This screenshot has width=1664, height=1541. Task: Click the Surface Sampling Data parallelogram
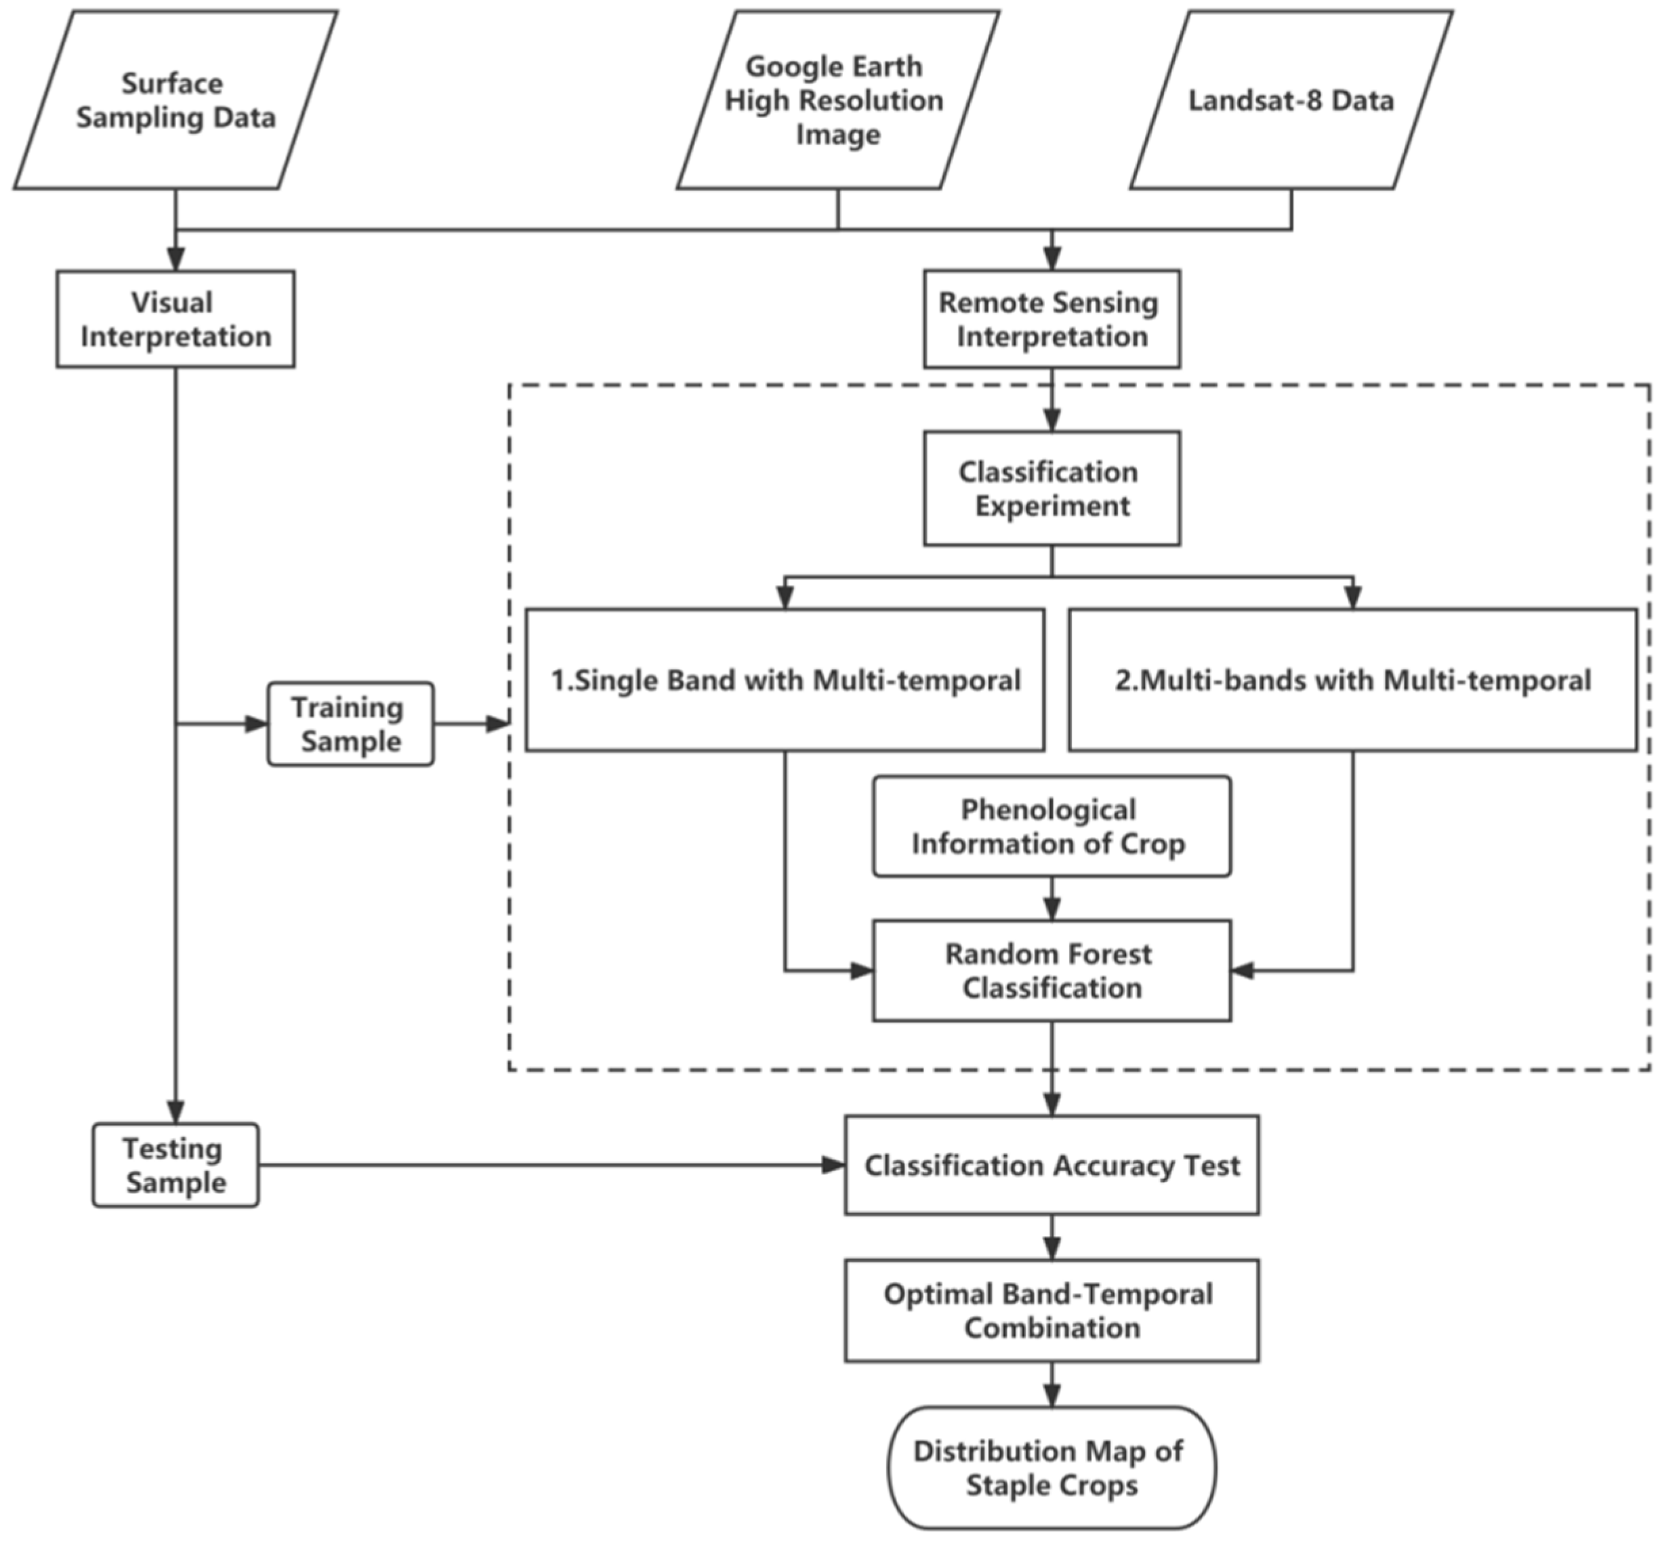175,100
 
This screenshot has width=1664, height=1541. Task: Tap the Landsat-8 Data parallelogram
1291,100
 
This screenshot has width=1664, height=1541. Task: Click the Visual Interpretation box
175,319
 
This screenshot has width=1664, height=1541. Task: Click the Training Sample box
350,724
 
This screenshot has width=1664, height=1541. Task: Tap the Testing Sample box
175,1165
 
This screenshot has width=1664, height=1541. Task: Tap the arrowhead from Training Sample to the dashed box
498,724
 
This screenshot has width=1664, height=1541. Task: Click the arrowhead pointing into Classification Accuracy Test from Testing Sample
833,1165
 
